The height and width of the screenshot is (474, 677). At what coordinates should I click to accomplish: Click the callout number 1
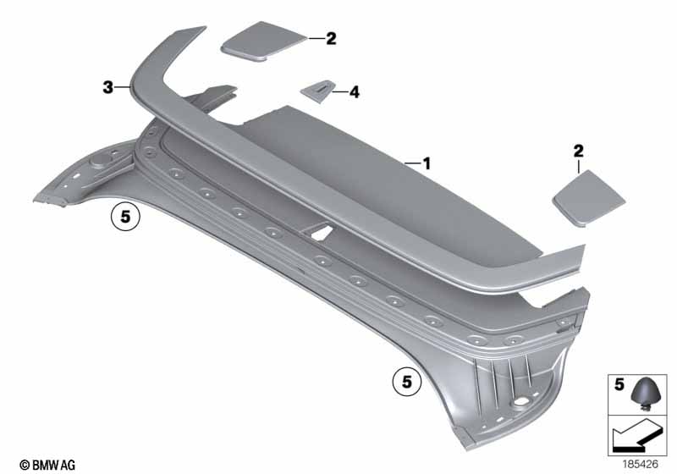tap(427, 164)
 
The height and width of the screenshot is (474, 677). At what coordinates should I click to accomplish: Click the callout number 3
tap(108, 88)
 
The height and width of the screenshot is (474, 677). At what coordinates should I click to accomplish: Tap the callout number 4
tap(354, 92)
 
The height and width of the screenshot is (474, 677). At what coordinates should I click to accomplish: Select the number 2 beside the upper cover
tap(331, 38)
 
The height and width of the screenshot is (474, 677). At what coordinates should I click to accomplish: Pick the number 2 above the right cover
tap(578, 152)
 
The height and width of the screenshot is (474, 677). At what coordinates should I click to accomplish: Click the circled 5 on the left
tap(125, 217)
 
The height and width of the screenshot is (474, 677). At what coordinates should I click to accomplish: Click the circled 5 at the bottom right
tap(407, 382)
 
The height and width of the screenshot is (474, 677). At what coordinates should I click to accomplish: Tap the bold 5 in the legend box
tap(619, 384)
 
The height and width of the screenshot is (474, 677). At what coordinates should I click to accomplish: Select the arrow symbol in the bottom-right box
tap(636, 437)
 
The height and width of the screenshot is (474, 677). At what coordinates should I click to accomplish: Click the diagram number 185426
tap(641, 465)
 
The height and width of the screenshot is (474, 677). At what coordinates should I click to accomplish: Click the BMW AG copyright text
tap(47, 465)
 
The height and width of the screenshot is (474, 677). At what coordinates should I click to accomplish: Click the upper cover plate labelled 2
tap(263, 41)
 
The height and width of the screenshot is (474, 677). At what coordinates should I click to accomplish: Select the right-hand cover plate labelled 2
tap(589, 198)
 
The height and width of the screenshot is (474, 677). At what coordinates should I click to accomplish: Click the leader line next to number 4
tap(340, 92)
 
